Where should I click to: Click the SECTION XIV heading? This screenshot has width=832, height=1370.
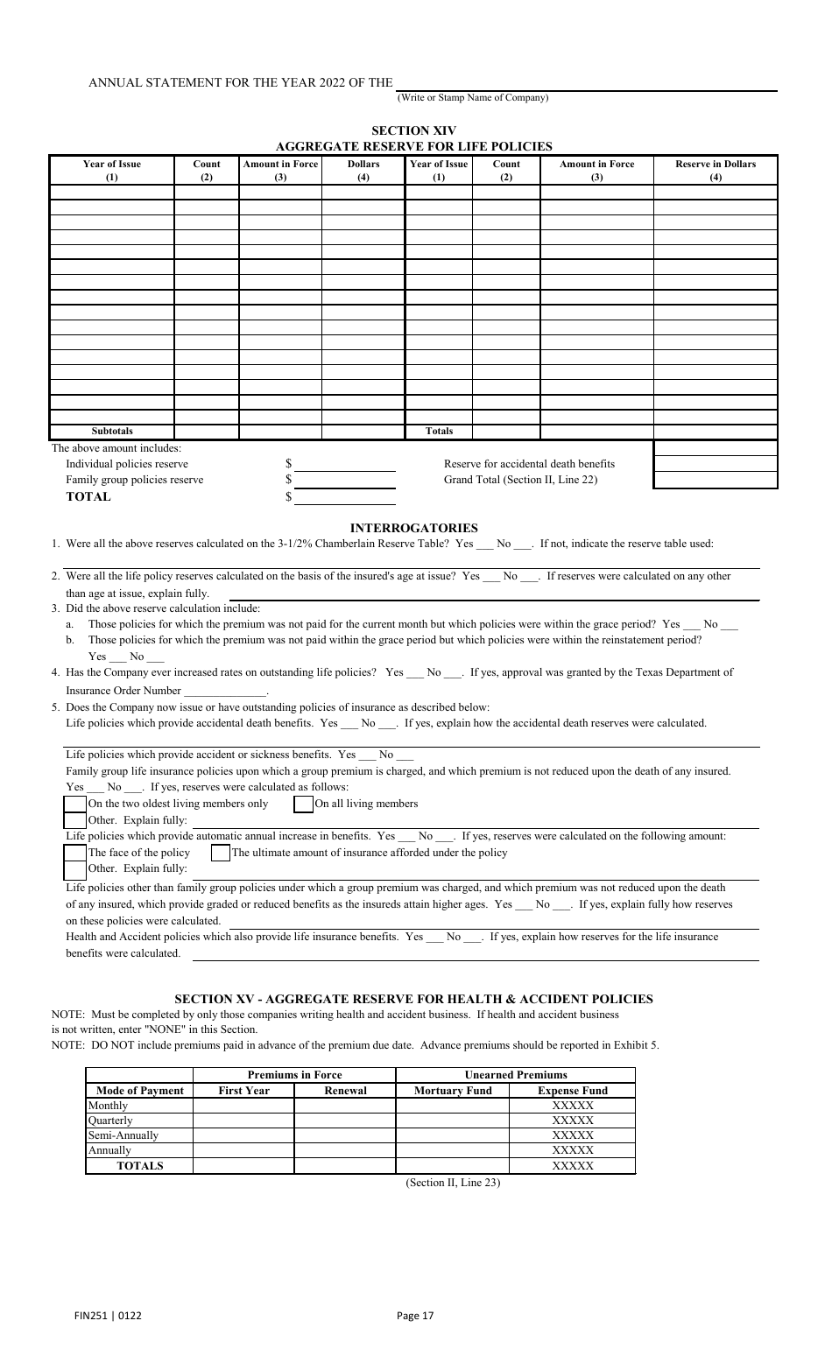coord(413,131)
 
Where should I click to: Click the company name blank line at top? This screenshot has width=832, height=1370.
coord(587,84)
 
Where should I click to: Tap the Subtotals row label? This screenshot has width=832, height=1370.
coord(112,431)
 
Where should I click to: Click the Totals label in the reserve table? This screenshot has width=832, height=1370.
coord(439,431)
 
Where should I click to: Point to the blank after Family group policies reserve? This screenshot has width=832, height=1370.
coord(344,480)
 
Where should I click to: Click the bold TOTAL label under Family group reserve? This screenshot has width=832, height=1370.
coord(88,497)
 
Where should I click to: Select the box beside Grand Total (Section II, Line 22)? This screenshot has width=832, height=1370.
coord(716,480)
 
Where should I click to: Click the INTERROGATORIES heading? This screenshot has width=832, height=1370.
coord(413,528)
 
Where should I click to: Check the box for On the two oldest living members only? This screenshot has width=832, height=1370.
coord(76,804)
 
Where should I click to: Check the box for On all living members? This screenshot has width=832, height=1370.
coord(303,804)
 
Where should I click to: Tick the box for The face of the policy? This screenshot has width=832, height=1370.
coord(76,853)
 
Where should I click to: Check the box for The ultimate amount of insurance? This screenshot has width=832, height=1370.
coord(221,853)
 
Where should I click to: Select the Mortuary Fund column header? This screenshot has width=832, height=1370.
coord(453,1091)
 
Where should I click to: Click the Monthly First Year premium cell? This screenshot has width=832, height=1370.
coord(243,1106)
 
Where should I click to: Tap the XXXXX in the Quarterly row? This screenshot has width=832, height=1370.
coord(572,1121)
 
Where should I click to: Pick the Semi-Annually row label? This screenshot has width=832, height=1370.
coord(123,1135)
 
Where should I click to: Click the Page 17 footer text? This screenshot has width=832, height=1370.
coord(415,1315)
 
